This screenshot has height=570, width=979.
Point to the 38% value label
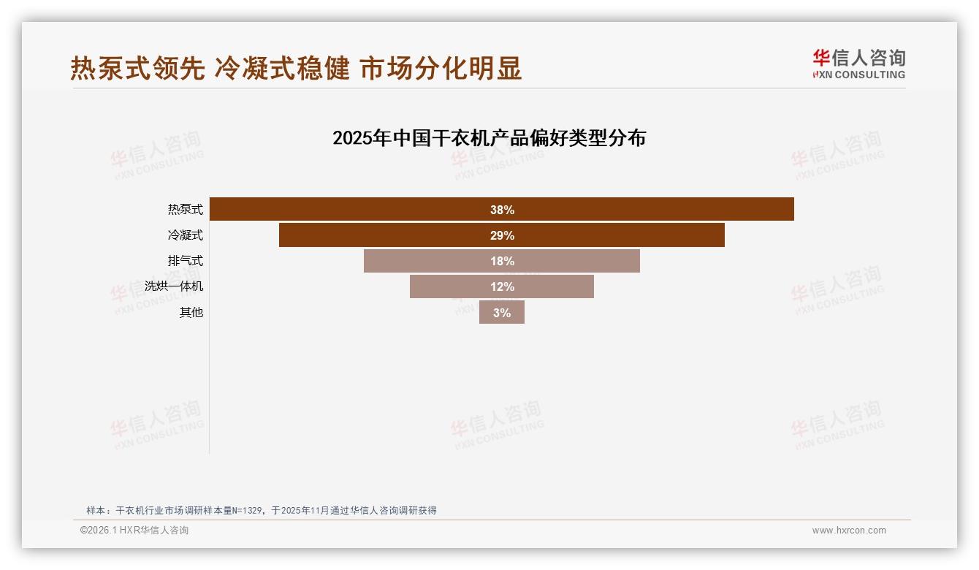pyautogui.click(x=502, y=210)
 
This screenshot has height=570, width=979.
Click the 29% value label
pyautogui.click(x=502, y=235)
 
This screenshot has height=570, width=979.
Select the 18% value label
pyautogui.click(x=502, y=261)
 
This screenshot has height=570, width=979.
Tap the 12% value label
pyautogui.click(x=502, y=286)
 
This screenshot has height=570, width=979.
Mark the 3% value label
pyautogui.click(x=502, y=313)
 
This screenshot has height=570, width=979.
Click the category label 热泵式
pyautogui.click(x=185, y=210)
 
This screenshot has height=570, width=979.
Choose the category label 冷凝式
pyautogui.click(x=185, y=235)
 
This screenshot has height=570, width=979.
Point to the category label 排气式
pyautogui.click(x=185, y=261)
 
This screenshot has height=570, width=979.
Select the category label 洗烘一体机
pyautogui.click(x=174, y=286)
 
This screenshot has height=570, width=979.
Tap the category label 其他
pyautogui.click(x=191, y=312)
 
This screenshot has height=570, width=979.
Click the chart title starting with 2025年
pyautogui.click(x=489, y=138)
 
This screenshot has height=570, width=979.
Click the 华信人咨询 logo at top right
pyautogui.click(x=858, y=64)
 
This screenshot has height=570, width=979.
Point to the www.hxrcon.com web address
pyautogui.click(x=849, y=531)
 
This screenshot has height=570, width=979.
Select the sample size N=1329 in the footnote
pyautogui.click(x=248, y=511)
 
